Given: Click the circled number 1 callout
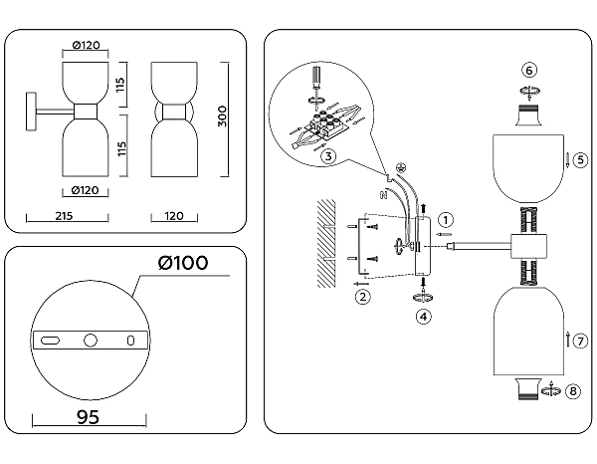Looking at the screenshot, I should pos(447,218).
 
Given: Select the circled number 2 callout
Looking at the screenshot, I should pos(363,296).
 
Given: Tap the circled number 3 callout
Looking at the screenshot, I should pos(328,154).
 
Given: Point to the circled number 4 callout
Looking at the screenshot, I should pos(425,317).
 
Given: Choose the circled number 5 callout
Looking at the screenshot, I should pos(580,159).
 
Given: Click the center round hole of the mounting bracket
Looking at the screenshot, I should pos(90,341).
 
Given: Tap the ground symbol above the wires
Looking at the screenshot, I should pos(400,167).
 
